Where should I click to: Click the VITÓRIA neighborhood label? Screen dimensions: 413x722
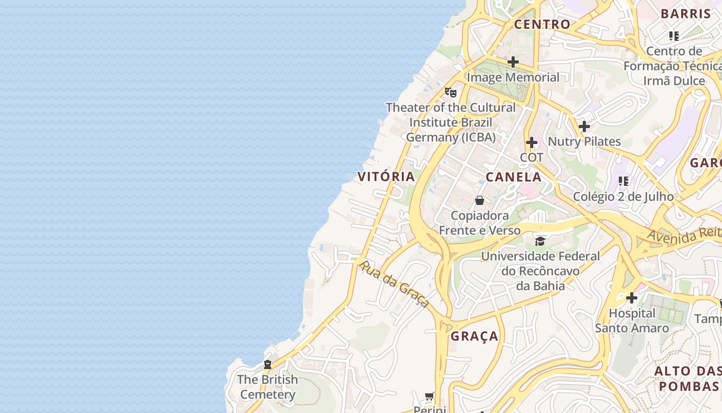pyautogui.click(x=386, y=177)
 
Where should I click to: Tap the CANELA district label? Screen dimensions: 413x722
pyautogui.click(x=514, y=177)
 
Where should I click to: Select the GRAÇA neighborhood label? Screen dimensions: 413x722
pyautogui.click(x=474, y=337)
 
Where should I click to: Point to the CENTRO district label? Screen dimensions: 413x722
pyautogui.click(x=542, y=24)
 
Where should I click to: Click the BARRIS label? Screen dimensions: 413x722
pyautogui.click(x=686, y=14)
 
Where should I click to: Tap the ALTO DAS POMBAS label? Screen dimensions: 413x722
pyautogui.click(x=688, y=378)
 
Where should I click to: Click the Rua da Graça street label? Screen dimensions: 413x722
pyautogui.click(x=394, y=284)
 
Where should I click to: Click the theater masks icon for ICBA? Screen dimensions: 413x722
pyautogui.click(x=451, y=92)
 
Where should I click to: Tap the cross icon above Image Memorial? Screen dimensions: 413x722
pyautogui.click(x=513, y=62)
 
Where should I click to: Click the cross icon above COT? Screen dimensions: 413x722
pyautogui.click(x=532, y=142)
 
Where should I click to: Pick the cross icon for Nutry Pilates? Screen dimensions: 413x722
pyautogui.click(x=584, y=126)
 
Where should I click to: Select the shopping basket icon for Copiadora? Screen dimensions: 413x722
pyautogui.click(x=480, y=200)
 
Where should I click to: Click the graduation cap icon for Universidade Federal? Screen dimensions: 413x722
pyautogui.click(x=540, y=241)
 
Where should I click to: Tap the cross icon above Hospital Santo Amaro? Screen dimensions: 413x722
pyautogui.click(x=632, y=298)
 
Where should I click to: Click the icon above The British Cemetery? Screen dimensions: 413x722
pyautogui.click(x=268, y=364)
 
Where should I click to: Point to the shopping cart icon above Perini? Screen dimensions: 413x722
pyautogui.click(x=429, y=396)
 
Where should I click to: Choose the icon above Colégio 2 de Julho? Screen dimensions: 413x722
pyautogui.click(x=623, y=181)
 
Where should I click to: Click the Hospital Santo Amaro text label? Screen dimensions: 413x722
pyautogui.click(x=632, y=321)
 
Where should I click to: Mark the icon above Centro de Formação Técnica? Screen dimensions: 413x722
pyautogui.click(x=674, y=36)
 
